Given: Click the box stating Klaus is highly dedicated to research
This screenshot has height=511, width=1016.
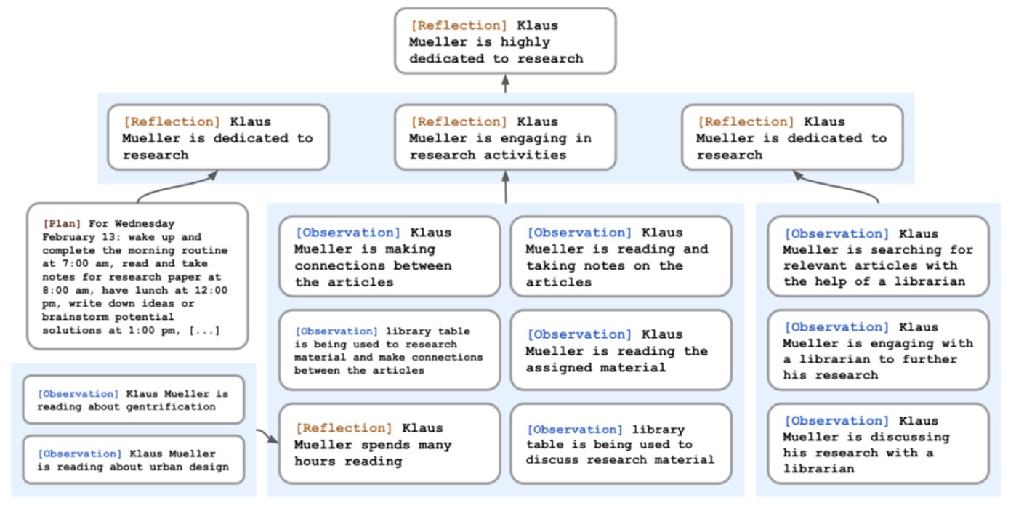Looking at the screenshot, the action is [x=505, y=41].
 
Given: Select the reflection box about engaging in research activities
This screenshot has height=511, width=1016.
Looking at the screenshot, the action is [x=505, y=137].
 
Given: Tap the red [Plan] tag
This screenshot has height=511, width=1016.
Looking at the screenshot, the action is [x=62, y=224].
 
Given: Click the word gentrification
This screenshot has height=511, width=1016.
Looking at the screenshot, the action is [x=171, y=406].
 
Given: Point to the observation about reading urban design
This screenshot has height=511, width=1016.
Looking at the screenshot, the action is [x=133, y=459].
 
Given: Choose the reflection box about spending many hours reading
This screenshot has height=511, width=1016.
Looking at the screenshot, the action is [x=390, y=444].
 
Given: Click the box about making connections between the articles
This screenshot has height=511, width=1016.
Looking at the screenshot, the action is [x=390, y=257].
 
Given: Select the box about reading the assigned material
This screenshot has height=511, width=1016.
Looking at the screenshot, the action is [x=621, y=350].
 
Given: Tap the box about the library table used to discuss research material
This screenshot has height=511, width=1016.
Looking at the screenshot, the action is [x=621, y=444].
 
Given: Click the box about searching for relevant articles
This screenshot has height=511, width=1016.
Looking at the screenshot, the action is [x=878, y=257].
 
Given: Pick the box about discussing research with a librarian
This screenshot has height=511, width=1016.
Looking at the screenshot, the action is [x=878, y=444].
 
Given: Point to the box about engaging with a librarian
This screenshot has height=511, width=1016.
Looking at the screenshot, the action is [x=878, y=350].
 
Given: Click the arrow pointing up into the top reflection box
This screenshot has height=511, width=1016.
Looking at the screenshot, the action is [x=505, y=84].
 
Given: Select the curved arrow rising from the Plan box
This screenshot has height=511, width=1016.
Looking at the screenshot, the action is [x=177, y=185].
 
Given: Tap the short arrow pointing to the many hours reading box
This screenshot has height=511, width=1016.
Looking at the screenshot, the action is [x=268, y=435].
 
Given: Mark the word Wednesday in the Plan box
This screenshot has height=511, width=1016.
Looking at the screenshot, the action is [x=145, y=224].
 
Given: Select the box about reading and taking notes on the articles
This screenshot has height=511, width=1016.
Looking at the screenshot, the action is [x=621, y=257].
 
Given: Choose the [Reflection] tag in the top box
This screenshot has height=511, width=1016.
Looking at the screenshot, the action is [x=459, y=25].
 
